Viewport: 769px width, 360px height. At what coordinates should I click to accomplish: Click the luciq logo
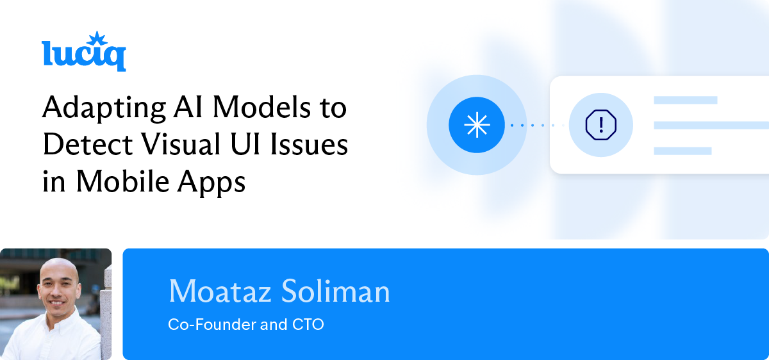83,54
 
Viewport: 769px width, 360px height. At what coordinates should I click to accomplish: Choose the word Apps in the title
214,183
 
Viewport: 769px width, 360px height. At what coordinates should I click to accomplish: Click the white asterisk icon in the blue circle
476,125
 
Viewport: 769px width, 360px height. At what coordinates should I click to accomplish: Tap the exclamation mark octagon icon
600,125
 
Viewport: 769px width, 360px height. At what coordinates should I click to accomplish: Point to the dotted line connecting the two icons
537,125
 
